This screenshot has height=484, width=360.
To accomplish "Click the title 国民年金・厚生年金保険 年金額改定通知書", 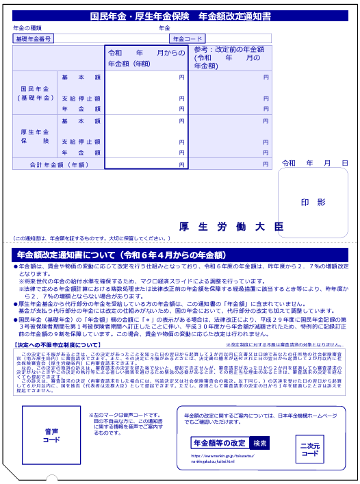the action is pos(181,16).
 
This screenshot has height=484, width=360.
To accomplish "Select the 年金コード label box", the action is pos(188,39).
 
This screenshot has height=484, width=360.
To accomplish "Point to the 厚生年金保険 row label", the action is pos(35,136).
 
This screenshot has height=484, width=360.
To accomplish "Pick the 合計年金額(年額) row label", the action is pos(58,165).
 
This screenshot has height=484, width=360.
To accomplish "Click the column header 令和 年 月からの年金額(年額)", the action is pos(146,58).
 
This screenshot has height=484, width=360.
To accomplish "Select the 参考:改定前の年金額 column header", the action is pos(228,58).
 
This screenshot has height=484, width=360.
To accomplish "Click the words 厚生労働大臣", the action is pos(231,226).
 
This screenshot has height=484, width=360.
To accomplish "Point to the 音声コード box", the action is pos(51,435).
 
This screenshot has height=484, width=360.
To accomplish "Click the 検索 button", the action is pos(260,443).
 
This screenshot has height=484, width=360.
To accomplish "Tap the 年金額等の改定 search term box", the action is pos(219,443).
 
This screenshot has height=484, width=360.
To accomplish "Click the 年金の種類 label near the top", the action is pos(27,28).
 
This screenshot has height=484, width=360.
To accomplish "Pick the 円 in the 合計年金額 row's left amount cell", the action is pos(181,165).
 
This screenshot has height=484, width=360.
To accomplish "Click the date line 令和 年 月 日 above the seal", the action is pos(315,164).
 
